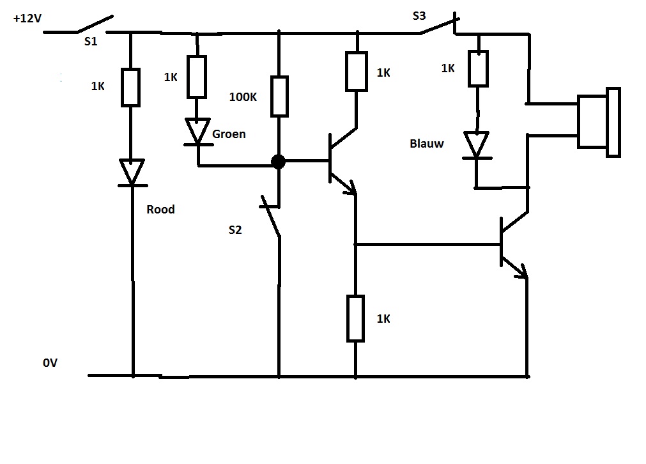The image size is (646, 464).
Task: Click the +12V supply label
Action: point(27,19)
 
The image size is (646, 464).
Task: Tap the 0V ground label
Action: point(50,363)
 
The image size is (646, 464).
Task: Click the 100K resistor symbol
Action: point(279,96)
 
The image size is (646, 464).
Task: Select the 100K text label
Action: point(243,98)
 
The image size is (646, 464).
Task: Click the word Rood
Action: point(160,209)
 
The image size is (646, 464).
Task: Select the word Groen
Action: point(229,134)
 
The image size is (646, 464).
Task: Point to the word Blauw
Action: point(426,144)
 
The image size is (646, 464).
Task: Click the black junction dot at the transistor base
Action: point(278,161)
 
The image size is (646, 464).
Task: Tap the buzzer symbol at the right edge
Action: point(599,121)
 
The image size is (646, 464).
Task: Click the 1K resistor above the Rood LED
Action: point(131,88)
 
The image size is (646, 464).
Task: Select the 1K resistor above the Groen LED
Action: point(197,77)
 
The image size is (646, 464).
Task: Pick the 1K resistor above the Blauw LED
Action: point(478,68)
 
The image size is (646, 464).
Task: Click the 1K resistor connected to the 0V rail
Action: point(356,318)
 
